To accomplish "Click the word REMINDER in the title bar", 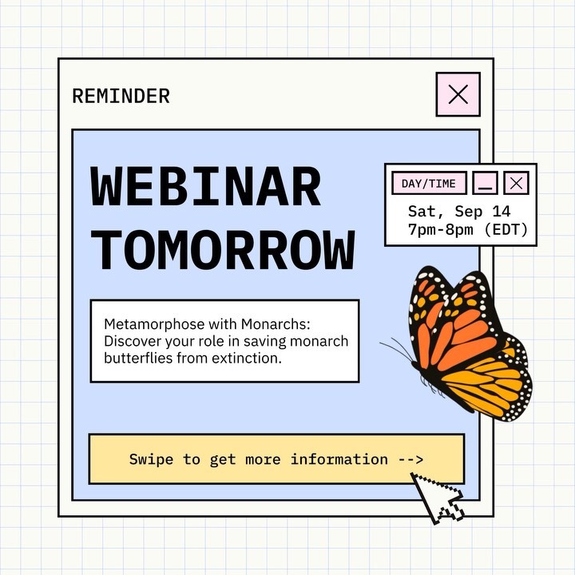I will click(x=121, y=97).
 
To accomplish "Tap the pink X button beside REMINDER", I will click(x=458, y=94).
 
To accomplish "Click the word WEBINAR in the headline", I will click(x=206, y=188).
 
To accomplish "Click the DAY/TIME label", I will click(x=429, y=184).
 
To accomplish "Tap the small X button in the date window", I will click(x=517, y=184).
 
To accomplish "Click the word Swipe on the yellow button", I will click(x=151, y=459).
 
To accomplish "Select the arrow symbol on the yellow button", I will click(x=410, y=459).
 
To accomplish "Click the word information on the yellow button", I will click(x=339, y=459).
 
